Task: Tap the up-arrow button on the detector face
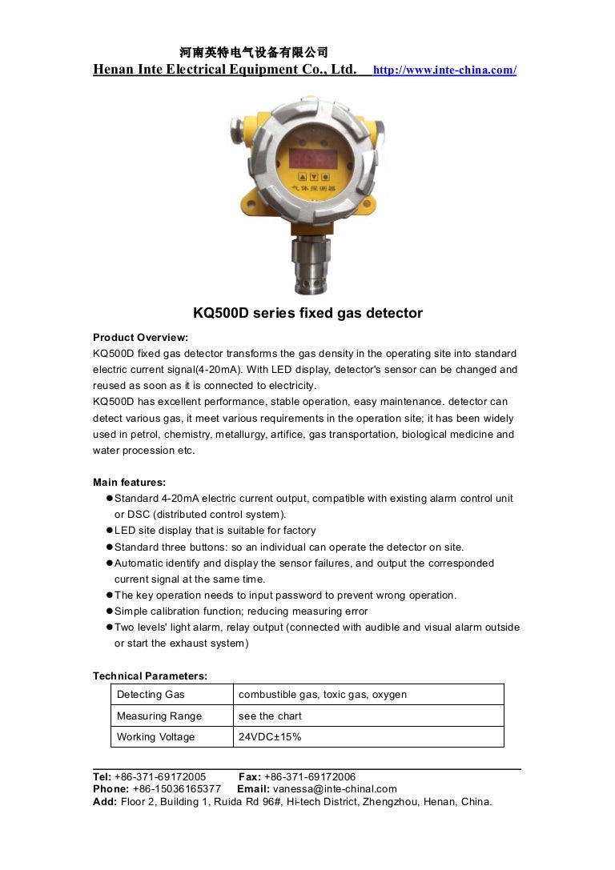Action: point(303,178)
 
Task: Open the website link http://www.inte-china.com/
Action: point(444,70)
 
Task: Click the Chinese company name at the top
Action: point(254,53)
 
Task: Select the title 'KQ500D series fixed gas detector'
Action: point(307,313)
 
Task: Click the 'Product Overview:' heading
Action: point(140,338)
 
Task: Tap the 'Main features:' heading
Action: point(129,482)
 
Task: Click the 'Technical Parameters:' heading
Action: point(150,676)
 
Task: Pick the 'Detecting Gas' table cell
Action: point(151,695)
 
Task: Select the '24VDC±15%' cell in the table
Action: point(270,737)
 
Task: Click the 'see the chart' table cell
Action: point(270,716)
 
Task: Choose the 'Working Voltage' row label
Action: point(155,737)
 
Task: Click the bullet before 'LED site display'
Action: point(109,531)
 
